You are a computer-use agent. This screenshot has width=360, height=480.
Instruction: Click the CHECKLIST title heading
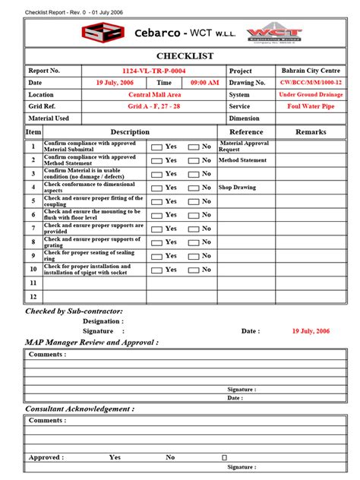click(x=185, y=56)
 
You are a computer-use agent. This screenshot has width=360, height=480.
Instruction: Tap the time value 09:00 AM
click(x=204, y=82)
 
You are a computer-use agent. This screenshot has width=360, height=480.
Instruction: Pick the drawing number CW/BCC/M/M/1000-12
click(x=310, y=82)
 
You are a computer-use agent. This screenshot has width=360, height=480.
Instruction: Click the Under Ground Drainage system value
click(x=310, y=95)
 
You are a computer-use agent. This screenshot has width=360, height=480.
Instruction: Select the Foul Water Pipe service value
click(x=310, y=106)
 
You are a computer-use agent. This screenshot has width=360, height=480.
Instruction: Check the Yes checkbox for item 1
click(x=156, y=147)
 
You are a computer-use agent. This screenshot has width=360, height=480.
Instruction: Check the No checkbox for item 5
click(x=194, y=201)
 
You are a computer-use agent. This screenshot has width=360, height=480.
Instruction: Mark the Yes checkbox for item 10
click(x=156, y=270)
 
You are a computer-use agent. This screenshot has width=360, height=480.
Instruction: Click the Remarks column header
click(x=311, y=132)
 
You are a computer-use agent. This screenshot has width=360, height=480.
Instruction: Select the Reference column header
click(x=246, y=132)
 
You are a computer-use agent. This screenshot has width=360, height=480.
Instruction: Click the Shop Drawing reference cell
click(x=237, y=188)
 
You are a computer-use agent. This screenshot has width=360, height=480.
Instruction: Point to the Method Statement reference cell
click(x=242, y=160)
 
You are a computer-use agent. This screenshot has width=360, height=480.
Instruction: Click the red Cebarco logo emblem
click(x=103, y=33)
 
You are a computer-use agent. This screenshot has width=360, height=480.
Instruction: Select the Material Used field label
click(x=49, y=118)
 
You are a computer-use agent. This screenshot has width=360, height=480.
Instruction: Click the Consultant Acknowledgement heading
click(x=80, y=409)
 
